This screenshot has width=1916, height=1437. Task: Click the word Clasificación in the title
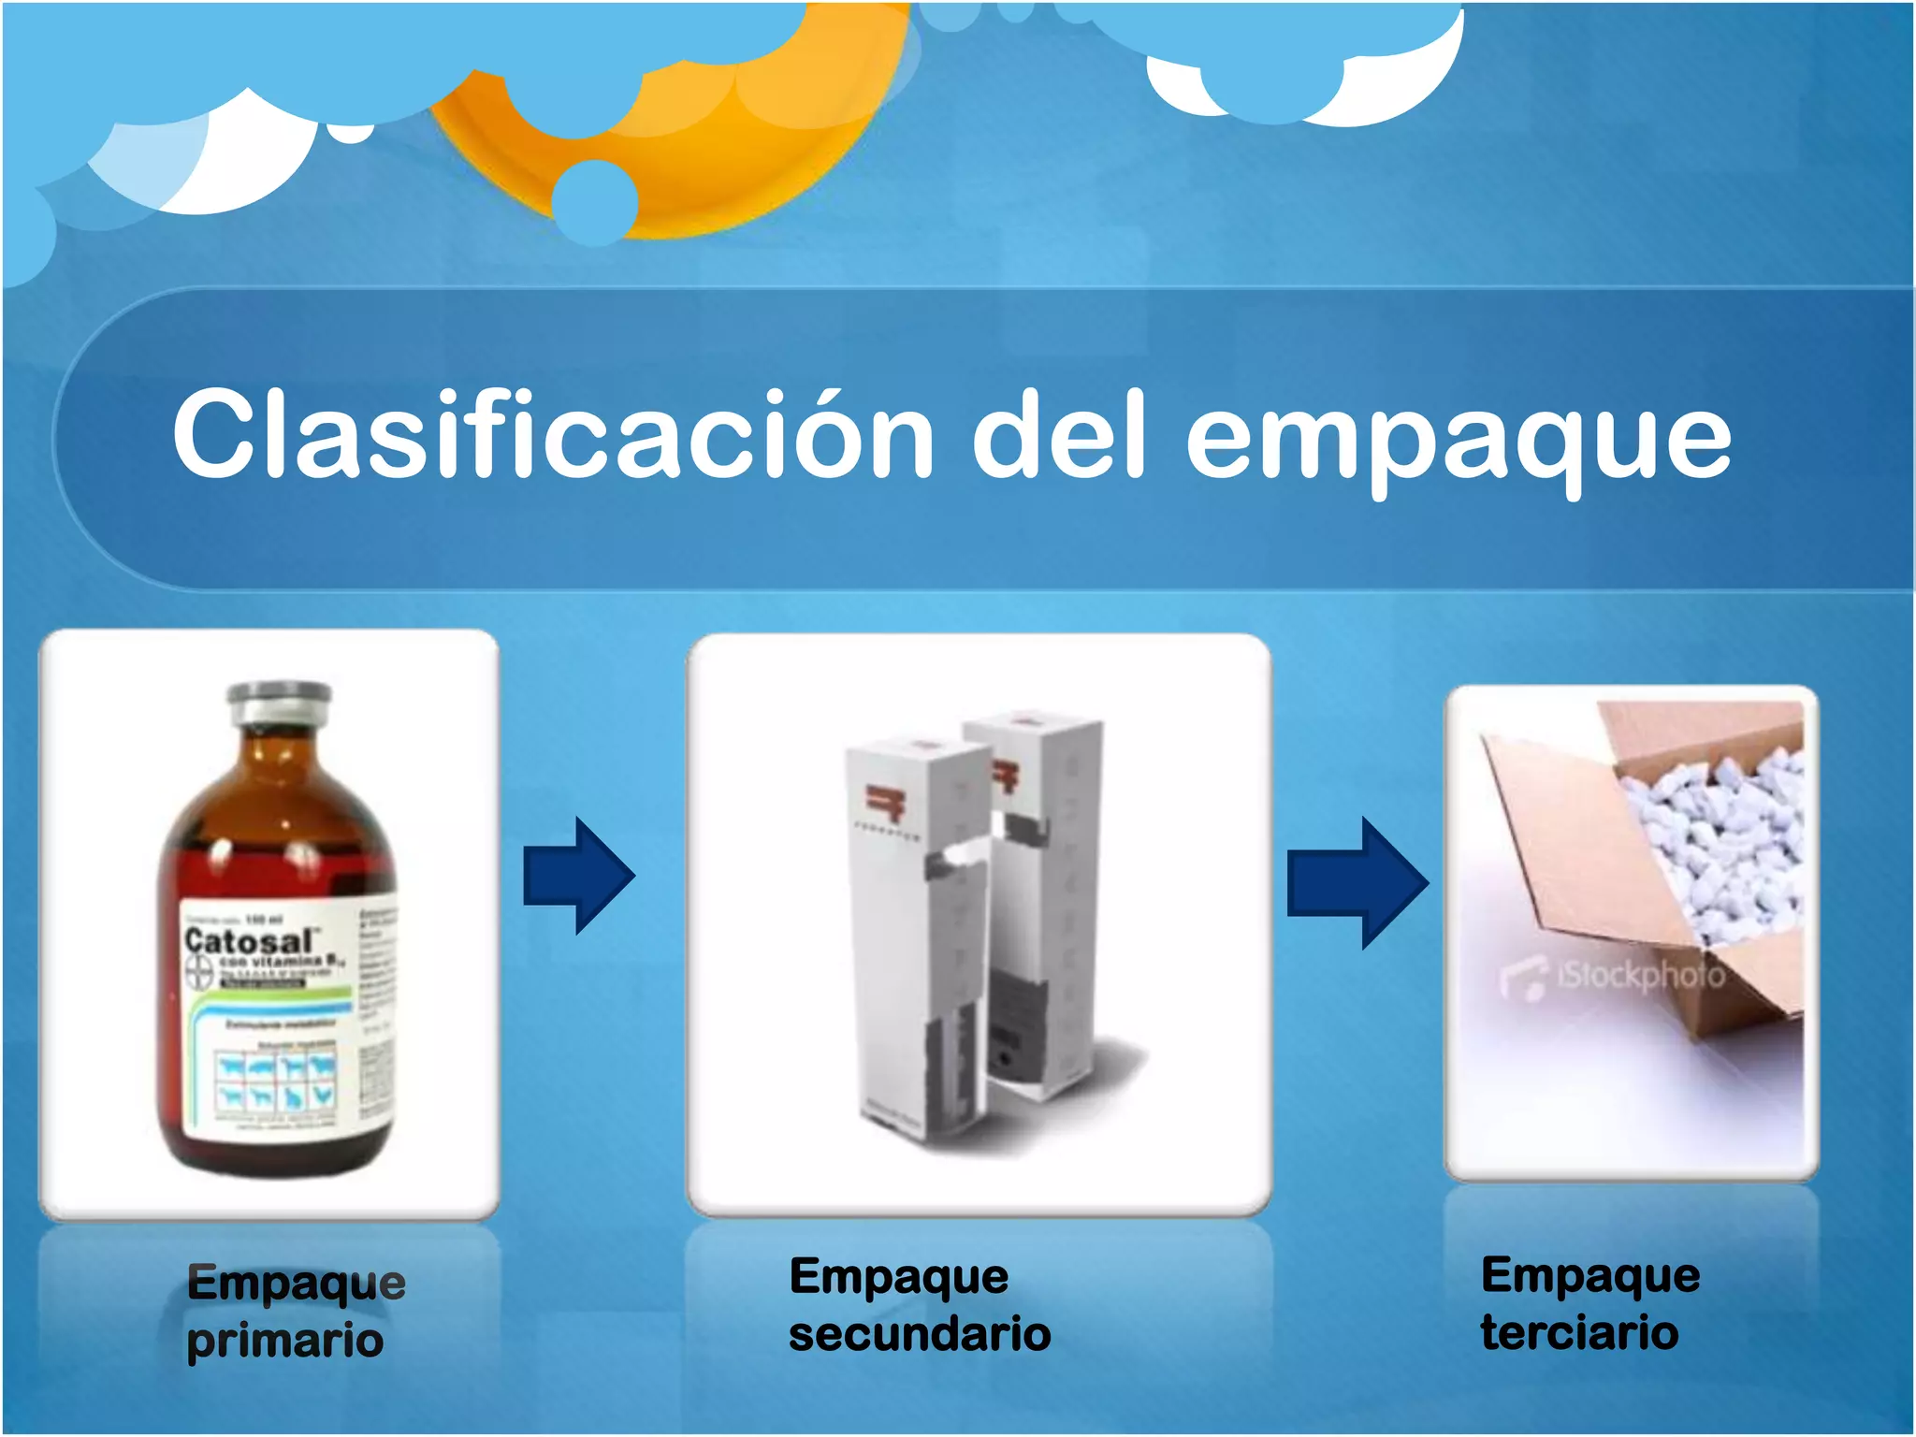(x=552, y=436)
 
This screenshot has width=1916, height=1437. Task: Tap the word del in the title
(x=1058, y=436)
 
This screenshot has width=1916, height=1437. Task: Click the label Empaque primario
(x=295, y=1310)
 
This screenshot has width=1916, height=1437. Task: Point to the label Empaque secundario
(x=919, y=1304)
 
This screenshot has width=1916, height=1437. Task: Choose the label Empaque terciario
(x=1589, y=1303)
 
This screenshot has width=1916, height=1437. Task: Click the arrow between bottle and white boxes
(x=579, y=876)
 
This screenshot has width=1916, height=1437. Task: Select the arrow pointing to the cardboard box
(x=1357, y=882)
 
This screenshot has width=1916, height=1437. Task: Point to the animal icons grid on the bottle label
(x=277, y=1080)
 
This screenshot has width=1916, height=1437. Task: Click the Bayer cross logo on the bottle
(x=199, y=973)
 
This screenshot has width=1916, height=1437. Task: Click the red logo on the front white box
(x=883, y=803)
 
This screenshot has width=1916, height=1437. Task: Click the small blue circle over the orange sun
(x=594, y=201)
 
